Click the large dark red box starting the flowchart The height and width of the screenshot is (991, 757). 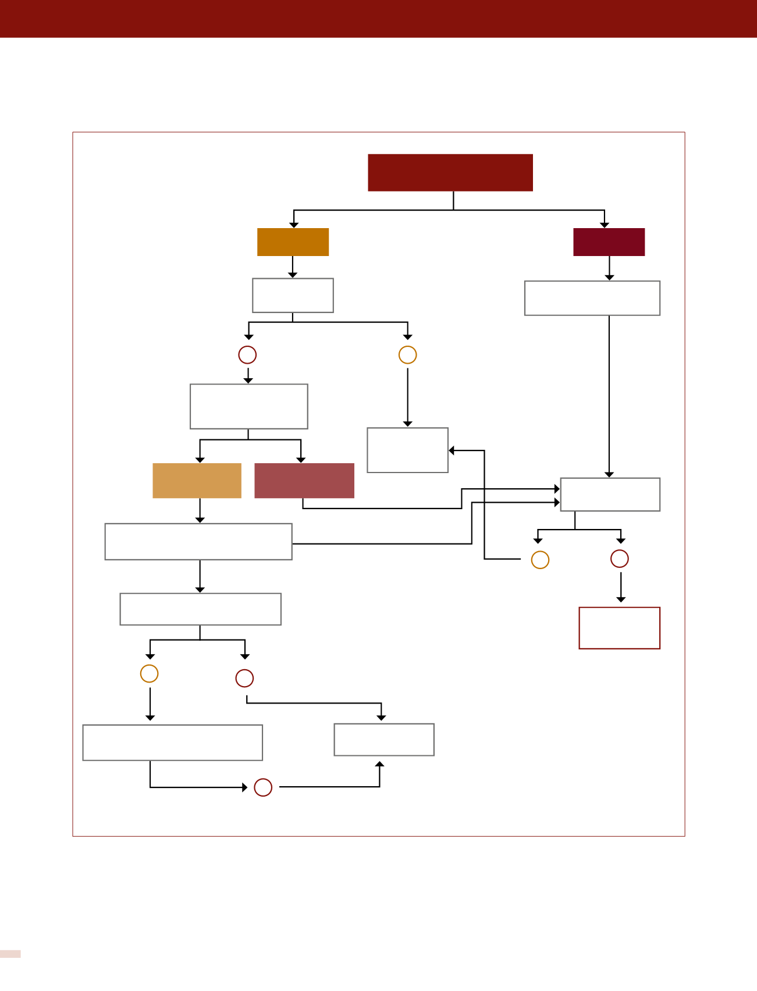[x=450, y=172]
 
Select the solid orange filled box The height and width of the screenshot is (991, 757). [x=293, y=242]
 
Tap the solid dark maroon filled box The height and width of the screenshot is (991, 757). [x=609, y=242]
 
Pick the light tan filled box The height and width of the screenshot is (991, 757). [x=197, y=481]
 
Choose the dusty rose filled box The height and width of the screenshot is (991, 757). [x=304, y=481]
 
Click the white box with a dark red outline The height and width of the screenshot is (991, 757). [x=619, y=628]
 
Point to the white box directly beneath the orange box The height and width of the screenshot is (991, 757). [x=293, y=296]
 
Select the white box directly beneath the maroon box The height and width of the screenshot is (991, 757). [x=592, y=299]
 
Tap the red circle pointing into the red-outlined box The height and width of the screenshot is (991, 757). [x=620, y=559]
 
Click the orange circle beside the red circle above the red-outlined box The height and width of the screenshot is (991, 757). [x=540, y=560]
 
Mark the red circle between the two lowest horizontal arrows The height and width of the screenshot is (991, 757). [x=263, y=787]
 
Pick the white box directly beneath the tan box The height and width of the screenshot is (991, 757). [x=198, y=542]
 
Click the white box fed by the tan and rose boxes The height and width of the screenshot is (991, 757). [x=610, y=495]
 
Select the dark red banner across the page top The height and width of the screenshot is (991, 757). [x=378, y=19]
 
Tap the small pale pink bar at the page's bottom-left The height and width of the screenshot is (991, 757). [x=10, y=954]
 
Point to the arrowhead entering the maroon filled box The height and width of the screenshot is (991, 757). [x=605, y=225]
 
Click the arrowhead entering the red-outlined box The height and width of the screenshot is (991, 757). [x=621, y=599]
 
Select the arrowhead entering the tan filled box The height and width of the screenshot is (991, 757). [x=200, y=460]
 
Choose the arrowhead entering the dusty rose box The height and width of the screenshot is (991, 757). [x=301, y=460]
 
